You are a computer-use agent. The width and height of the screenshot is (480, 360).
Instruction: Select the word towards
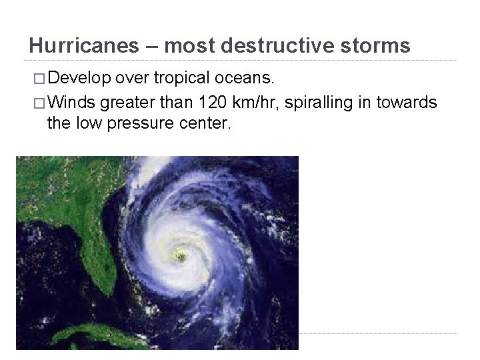(x=412, y=103)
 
